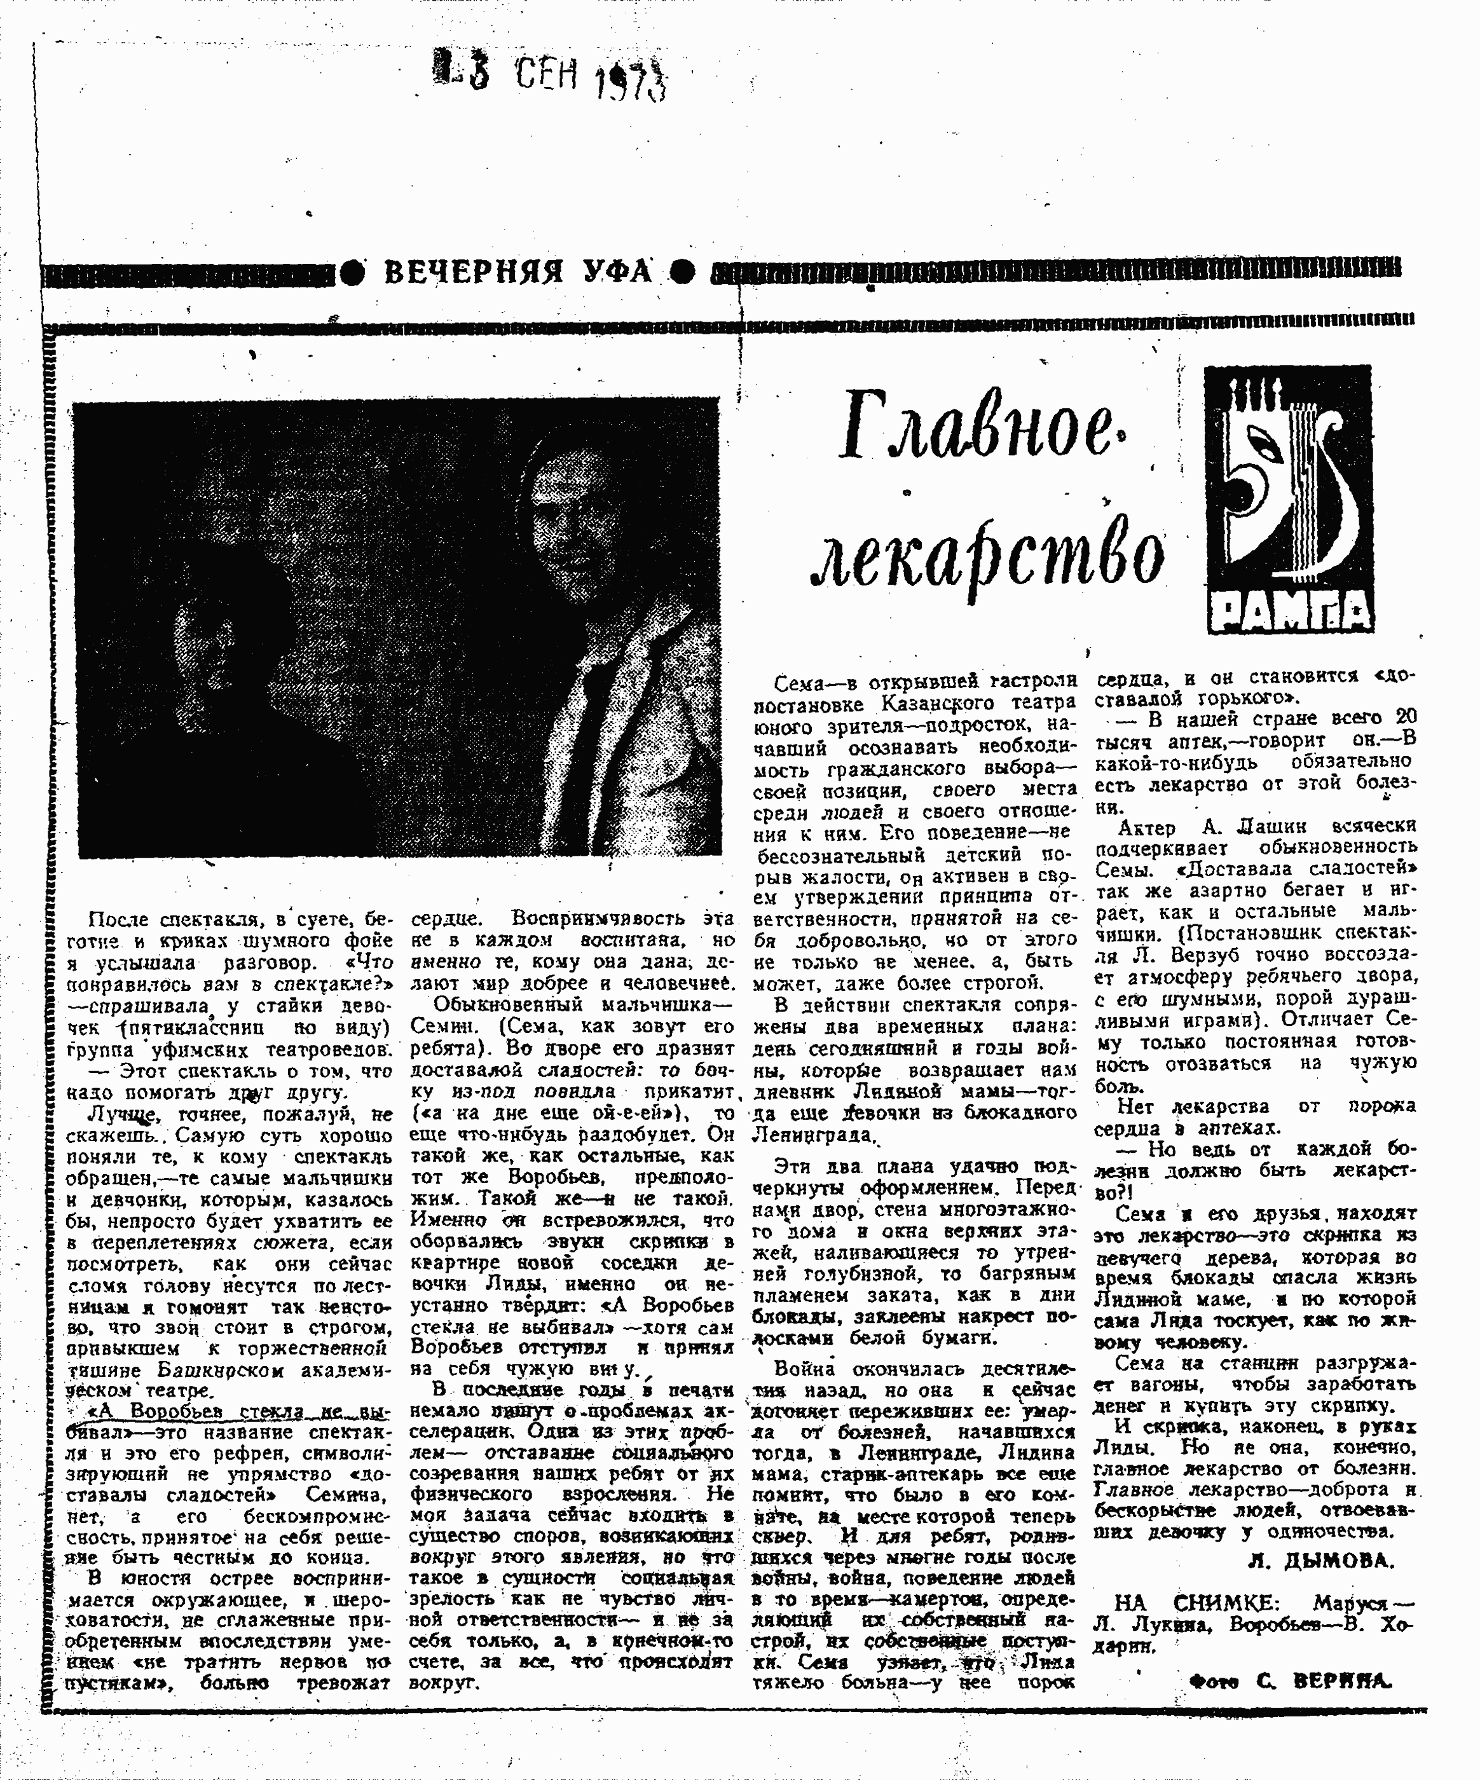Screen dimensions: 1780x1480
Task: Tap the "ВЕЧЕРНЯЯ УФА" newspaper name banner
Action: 518,273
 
